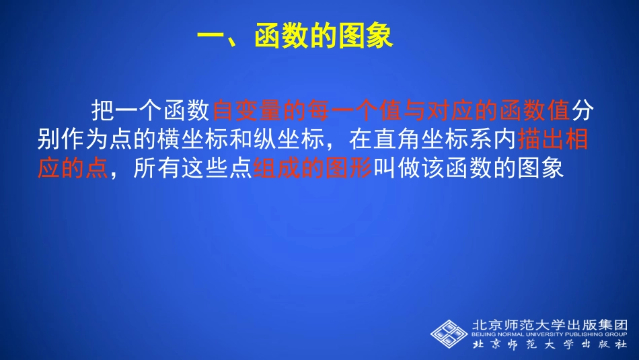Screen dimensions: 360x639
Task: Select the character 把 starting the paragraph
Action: click(102, 109)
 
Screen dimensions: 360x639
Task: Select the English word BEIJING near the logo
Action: click(487, 334)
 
